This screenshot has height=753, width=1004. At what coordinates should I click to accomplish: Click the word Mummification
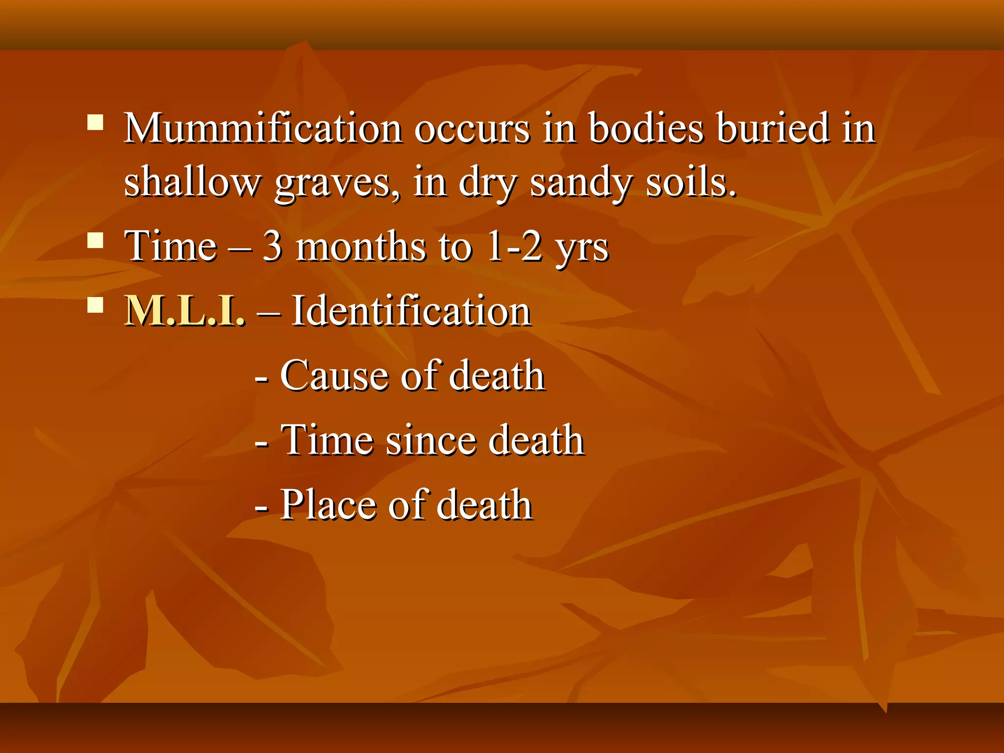click(263, 128)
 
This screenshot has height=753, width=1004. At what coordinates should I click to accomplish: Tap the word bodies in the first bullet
click(646, 128)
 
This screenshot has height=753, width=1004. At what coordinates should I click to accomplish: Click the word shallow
click(192, 182)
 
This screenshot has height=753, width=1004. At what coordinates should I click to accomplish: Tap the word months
click(361, 247)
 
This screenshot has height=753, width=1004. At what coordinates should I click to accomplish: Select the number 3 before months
click(273, 247)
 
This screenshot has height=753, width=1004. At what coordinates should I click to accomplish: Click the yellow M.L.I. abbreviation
click(184, 311)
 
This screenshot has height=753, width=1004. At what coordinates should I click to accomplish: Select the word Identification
click(411, 311)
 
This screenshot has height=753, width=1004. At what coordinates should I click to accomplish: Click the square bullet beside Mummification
click(95, 122)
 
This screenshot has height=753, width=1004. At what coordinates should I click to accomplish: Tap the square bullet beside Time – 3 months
click(95, 241)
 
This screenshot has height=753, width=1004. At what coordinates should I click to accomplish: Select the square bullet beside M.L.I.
click(95, 305)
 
